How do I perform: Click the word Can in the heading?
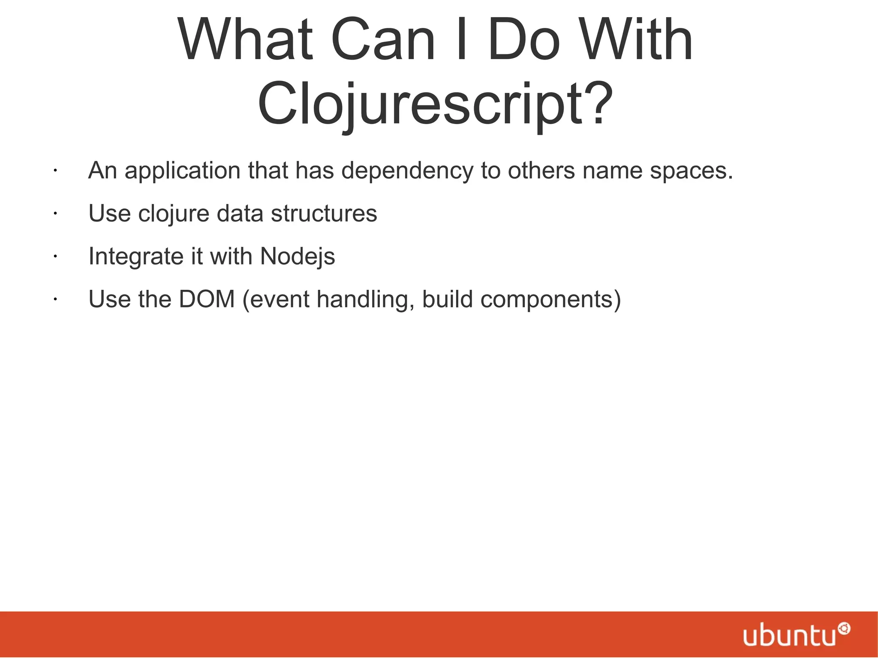[x=383, y=39]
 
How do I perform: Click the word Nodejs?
[x=298, y=257]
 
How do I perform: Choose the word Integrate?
[x=136, y=256]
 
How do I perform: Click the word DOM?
[x=207, y=299]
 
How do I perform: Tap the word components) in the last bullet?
[x=550, y=300]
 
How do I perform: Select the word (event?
[x=276, y=300]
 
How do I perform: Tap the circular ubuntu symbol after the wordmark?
[x=844, y=629]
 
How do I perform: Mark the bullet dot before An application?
[x=55, y=171]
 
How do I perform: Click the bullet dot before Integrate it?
[x=55, y=257]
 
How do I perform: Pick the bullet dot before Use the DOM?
[x=55, y=300]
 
